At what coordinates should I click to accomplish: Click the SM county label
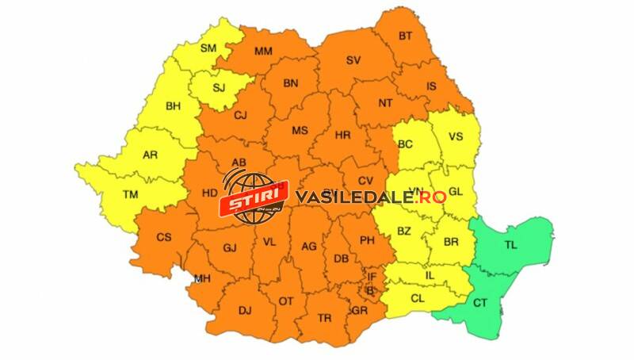coord(208,48)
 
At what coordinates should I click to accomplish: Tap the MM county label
coord(264,52)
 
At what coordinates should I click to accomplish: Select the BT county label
coord(405,36)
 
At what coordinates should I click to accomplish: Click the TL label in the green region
coord(510,246)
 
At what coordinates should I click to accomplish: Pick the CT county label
coord(480,303)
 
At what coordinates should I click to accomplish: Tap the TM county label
coord(109,194)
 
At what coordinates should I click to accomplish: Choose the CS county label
coord(164,237)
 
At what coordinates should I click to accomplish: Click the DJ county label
coord(244,309)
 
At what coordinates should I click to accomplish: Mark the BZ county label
coord(404,232)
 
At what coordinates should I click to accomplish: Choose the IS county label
coord(432,86)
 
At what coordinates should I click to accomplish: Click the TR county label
coord(324,317)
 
